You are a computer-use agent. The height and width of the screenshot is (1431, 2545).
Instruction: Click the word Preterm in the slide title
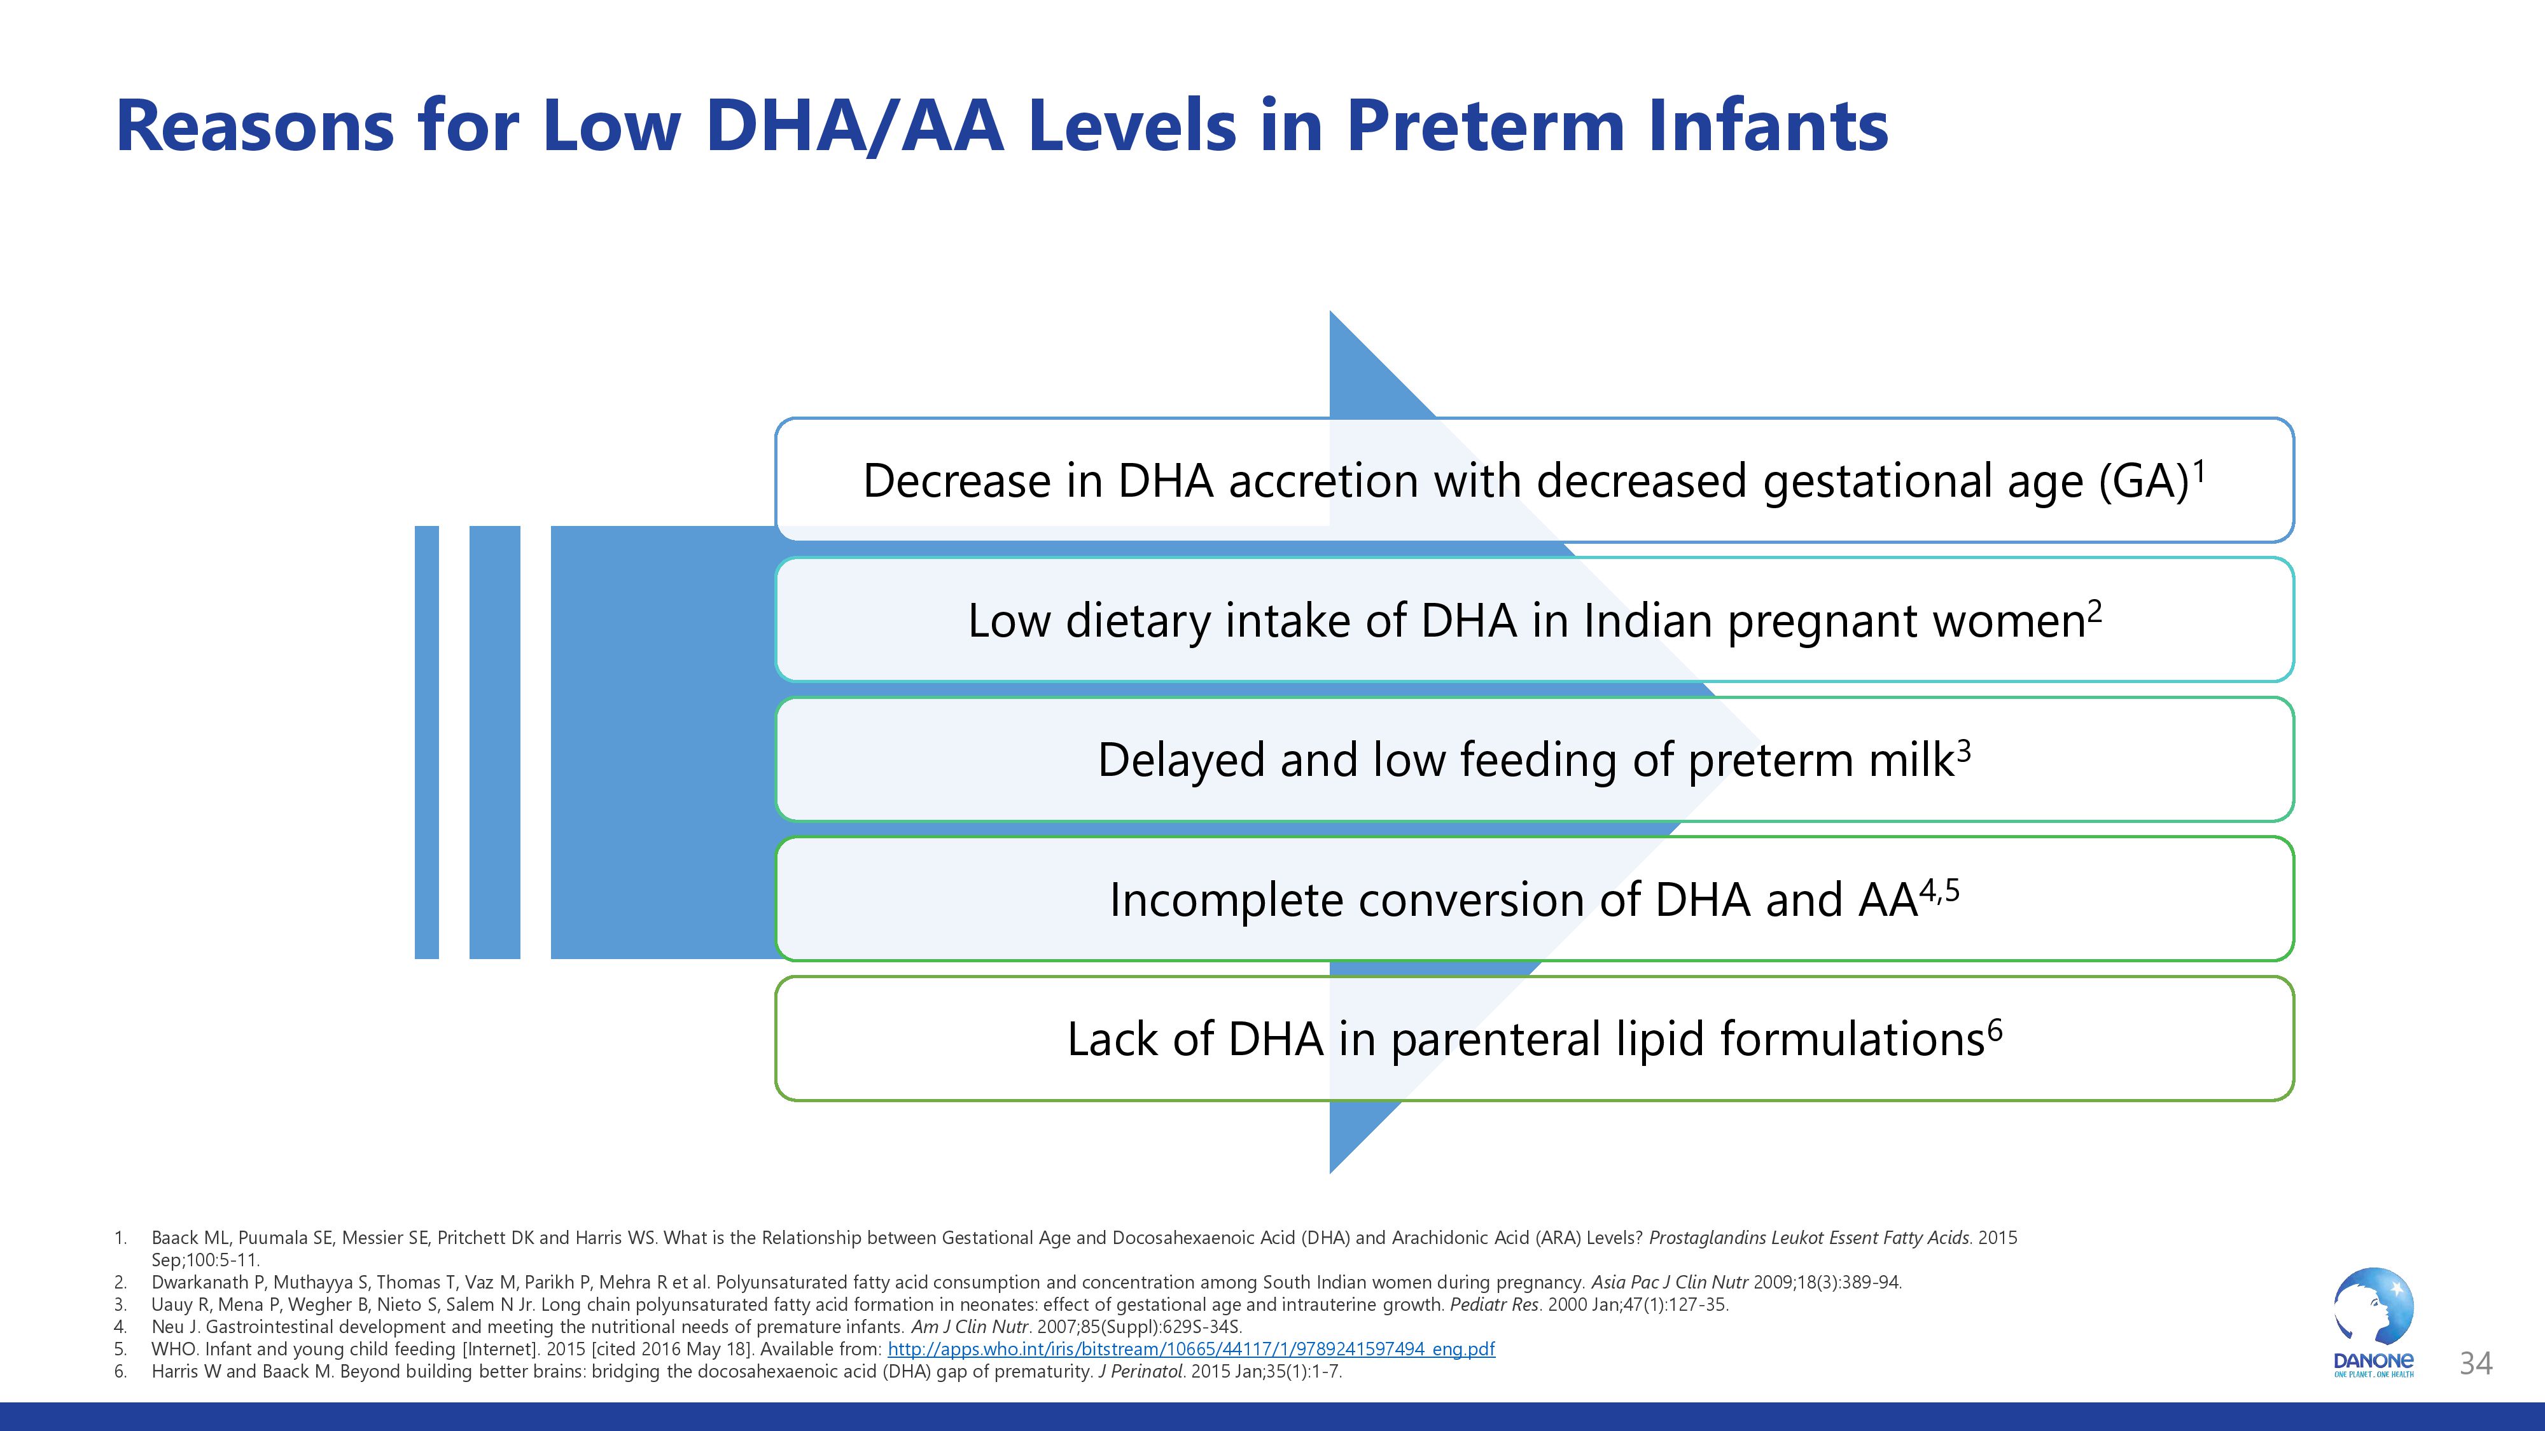[x=1484, y=127]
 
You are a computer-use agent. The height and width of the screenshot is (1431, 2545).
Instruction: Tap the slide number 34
[x=2475, y=1364]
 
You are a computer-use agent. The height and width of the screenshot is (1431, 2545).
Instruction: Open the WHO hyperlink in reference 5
[x=1190, y=1349]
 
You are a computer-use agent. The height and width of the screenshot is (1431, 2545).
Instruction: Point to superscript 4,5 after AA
[x=1939, y=892]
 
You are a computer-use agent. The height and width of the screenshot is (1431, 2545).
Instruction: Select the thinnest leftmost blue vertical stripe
[x=427, y=742]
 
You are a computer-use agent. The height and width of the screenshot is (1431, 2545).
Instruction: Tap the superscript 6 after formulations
[x=1995, y=1031]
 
